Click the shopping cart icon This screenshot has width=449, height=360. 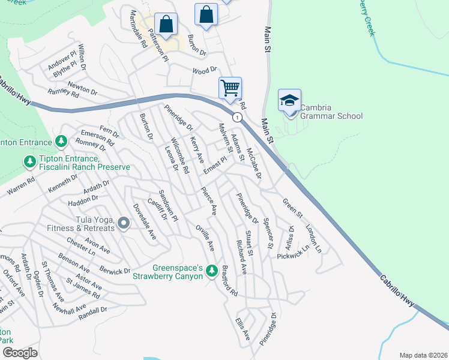[x=230, y=88]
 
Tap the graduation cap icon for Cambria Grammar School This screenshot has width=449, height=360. [x=289, y=100]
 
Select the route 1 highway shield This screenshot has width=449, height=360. [x=238, y=117]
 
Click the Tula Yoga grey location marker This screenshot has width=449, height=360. [x=124, y=224]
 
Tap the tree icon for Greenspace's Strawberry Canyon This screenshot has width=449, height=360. [x=211, y=271]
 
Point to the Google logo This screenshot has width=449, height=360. [x=19, y=353]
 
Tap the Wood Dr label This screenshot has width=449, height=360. [x=204, y=70]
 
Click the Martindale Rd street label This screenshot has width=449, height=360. [x=136, y=29]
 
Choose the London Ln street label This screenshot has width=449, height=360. [x=313, y=238]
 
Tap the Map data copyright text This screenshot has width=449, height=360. [x=423, y=355]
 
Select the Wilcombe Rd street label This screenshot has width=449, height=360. [x=180, y=155]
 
